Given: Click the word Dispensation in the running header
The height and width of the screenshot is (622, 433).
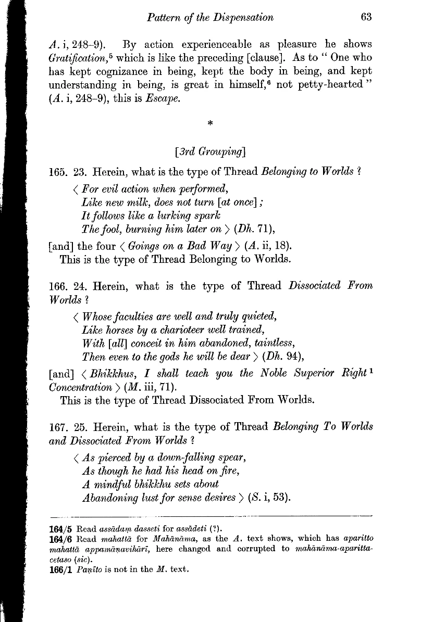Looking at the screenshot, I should pyautogui.click(x=241, y=18).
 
